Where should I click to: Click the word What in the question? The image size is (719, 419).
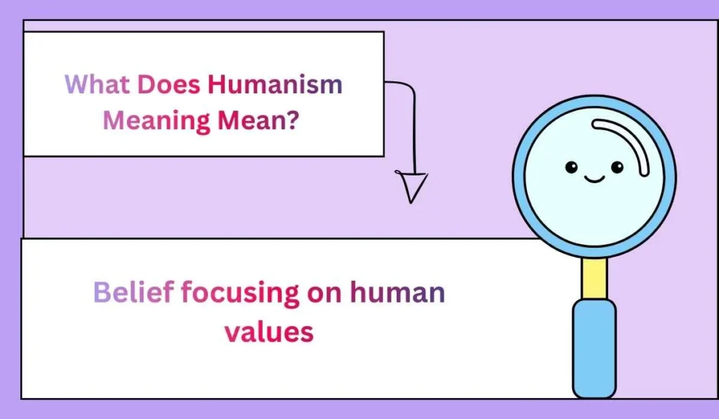[x=97, y=85]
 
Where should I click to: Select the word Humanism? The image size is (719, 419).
[x=275, y=85]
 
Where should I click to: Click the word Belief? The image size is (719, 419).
[x=133, y=292]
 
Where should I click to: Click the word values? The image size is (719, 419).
[x=269, y=331]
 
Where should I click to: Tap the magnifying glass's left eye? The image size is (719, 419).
[x=572, y=167]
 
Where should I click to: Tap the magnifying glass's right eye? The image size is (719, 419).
[x=617, y=167]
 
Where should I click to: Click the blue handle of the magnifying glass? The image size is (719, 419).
[x=594, y=347]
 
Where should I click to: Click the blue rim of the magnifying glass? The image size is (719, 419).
[x=518, y=175]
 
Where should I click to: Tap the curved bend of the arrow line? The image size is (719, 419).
[x=408, y=88]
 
